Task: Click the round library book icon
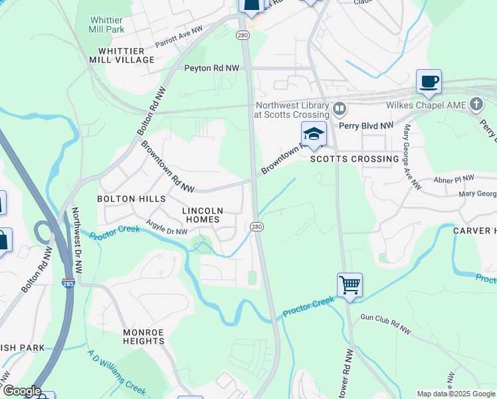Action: (x=340, y=108)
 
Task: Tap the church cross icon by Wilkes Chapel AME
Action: (x=476, y=104)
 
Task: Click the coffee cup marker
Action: (x=429, y=82)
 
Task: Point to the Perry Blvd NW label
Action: (x=366, y=125)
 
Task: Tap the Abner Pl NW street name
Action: (x=454, y=179)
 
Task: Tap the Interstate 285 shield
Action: (x=68, y=282)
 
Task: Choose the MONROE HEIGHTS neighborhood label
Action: (x=144, y=336)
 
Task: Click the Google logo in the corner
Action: (x=21, y=391)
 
